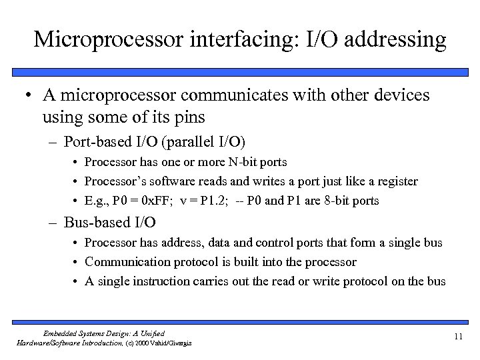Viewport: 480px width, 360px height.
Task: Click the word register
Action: pyautogui.click(x=394, y=182)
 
